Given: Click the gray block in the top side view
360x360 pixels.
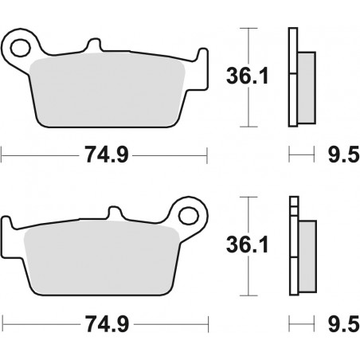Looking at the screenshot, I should [306, 83].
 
